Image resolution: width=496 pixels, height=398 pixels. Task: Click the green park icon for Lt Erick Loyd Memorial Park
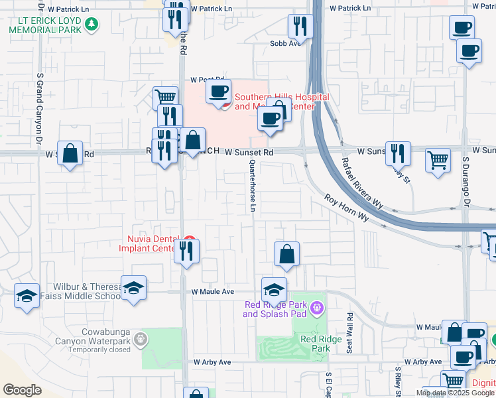pyautogui.click(x=92, y=25)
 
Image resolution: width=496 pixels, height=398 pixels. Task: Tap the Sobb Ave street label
pyautogui.click(x=286, y=43)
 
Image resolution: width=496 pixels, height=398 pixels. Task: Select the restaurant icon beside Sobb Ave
pyautogui.click(x=300, y=27)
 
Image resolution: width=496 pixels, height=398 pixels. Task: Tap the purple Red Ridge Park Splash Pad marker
pyautogui.click(x=316, y=307)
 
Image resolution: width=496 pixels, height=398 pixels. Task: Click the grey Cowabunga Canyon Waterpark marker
pyautogui.click(x=140, y=340)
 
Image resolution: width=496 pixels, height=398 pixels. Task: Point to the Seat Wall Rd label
pyautogui.click(x=349, y=327)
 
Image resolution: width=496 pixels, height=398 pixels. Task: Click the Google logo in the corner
pyautogui.click(x=22, y=390)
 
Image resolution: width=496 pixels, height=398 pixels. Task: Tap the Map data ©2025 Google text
pyautogui.click(x=454, y=393)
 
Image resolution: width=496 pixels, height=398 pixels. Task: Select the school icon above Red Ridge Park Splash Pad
pyautogui.click(x=275, y=289)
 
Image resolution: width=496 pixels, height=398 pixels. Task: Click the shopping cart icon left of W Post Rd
pyautogui.click(x=166, y=99)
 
